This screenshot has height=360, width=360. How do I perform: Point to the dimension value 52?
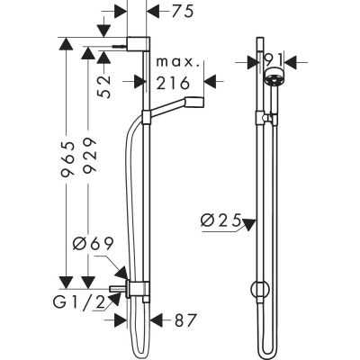pos(105,85)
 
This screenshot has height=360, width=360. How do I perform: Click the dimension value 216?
pos(172,83)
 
